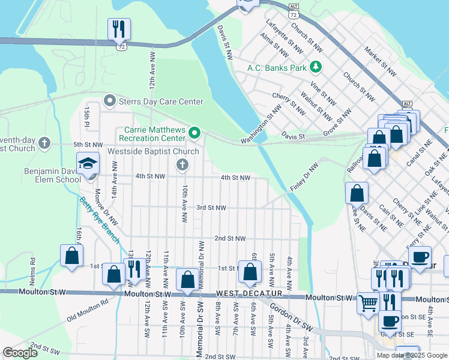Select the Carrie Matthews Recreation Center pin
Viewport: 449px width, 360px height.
point(194,131)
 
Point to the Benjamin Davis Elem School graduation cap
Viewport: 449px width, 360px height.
point(88,163)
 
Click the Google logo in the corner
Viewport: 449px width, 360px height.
point(20,353)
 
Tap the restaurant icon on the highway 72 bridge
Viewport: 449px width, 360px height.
point(119,28)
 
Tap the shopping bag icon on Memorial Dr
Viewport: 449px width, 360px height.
point(187,280)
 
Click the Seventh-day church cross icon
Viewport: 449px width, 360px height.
point(44,143)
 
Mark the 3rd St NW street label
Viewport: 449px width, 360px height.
point(211,208)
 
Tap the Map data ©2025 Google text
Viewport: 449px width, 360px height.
point(411,355)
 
